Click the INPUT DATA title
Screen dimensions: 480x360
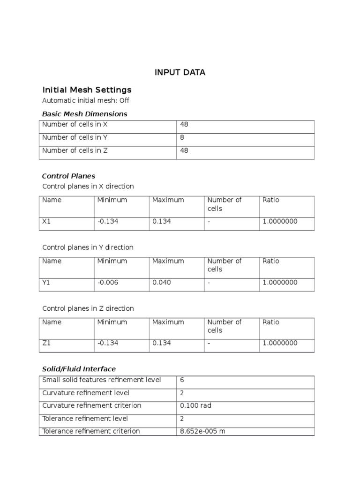[x=180, y=73]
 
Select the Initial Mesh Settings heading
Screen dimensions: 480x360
[x=87, y=90]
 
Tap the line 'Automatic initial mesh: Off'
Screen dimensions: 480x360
[x=86, y=100]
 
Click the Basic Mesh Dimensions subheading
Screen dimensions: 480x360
[x=84, y=114]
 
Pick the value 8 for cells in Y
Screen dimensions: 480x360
[x=182, y=138]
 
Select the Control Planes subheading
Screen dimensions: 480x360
[x=68, y=176]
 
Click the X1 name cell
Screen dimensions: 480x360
[x=46, y=221]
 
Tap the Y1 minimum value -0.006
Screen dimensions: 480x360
[x=108, y=282]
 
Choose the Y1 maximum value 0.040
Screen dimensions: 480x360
[x=162, y=282]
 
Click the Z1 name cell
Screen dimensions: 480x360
[x=46, y=343]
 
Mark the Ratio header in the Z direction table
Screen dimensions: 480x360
[x=271, y=322]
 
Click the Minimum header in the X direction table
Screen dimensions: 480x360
[x=112, y=200]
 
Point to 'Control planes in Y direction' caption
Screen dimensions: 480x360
[x=88, y=247]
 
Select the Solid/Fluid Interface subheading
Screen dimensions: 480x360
[x=79, y=369]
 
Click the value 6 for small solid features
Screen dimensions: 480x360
[x=182, y=380]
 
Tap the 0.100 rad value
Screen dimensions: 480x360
[x=195, y=405]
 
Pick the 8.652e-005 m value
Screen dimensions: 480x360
[x=202, y=431]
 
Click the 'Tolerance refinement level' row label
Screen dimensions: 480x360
[x=85, y=418]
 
